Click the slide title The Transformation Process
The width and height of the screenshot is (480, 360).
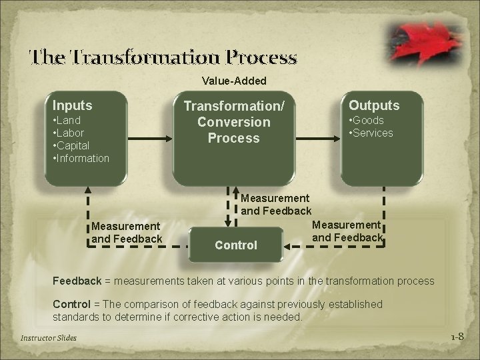click(163, 58)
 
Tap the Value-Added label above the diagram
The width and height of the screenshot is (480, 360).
click(234, 81)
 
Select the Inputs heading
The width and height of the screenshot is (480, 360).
click(73, 105)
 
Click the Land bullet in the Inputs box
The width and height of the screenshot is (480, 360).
click(67, 121)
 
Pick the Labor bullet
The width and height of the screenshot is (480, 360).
click(68, 133)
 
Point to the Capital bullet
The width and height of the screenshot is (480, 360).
click(71, 145)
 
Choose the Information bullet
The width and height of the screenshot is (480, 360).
click(81, 158)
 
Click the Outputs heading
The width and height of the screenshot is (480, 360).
click(374, 105)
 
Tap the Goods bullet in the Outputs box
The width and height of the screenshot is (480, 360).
click(367, 121)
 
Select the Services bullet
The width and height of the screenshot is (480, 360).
click(371, 133)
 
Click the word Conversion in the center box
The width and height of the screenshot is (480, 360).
click(233, 122)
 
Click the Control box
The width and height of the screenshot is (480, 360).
click(235, 245)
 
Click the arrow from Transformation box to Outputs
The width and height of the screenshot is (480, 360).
click(317, 139)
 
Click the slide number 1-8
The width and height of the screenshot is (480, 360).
click(456, 337)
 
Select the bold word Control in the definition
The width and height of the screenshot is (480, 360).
click(73, 304)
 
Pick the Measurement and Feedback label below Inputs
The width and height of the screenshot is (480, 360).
click(127, 233)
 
